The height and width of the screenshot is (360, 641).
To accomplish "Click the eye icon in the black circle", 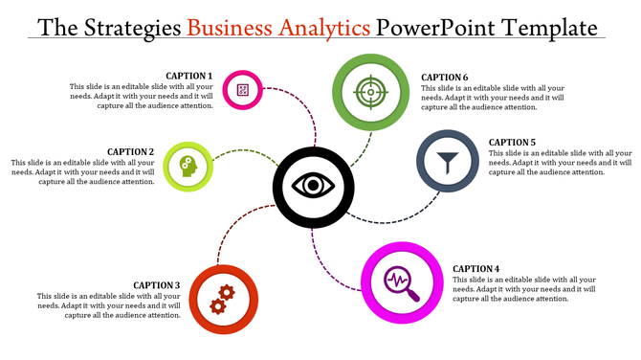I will point(308,185).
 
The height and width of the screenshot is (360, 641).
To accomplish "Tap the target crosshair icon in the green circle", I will point(369,93).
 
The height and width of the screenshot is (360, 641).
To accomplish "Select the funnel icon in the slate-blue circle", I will point(448,161).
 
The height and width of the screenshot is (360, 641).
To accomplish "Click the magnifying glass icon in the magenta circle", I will point(400,282).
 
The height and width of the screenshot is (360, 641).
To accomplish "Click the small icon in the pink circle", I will point(243,90).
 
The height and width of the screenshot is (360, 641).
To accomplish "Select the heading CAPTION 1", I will point(188,76).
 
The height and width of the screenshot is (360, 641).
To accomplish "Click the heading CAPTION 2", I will point(130,151).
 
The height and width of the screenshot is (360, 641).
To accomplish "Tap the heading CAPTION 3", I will point(156,284).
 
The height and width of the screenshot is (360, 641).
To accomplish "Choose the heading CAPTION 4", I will point(476,268).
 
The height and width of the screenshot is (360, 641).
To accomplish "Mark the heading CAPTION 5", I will point(512,142).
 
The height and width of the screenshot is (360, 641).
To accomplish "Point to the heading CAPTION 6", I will point(445,77).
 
